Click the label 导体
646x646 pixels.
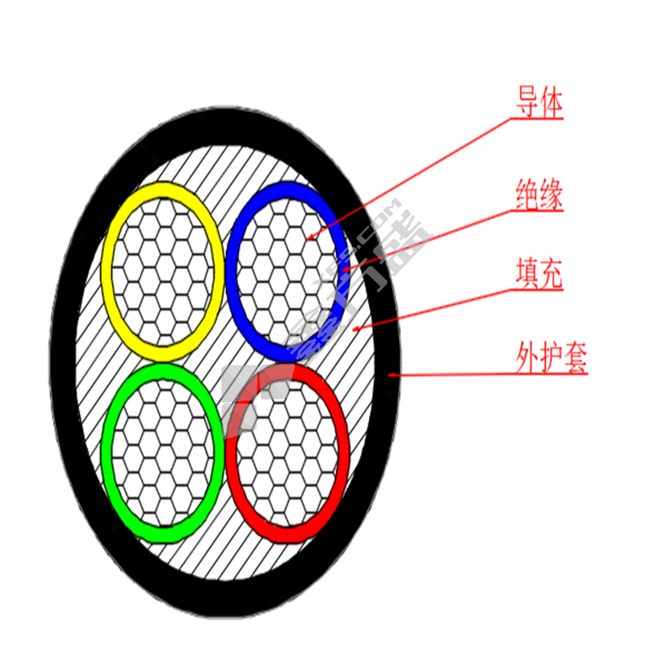(539, 104)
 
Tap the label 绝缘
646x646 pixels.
(539, 196)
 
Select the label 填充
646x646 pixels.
(539, 275)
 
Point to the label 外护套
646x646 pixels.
(552, 358)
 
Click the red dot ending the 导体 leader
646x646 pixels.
(311, 237)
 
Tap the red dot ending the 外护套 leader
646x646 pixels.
(390, 375)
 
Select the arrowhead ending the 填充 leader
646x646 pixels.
(356, 329)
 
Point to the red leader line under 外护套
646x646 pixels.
(484, 375)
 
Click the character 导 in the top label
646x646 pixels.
(527, 104)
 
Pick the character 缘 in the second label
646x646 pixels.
(551, 196)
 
